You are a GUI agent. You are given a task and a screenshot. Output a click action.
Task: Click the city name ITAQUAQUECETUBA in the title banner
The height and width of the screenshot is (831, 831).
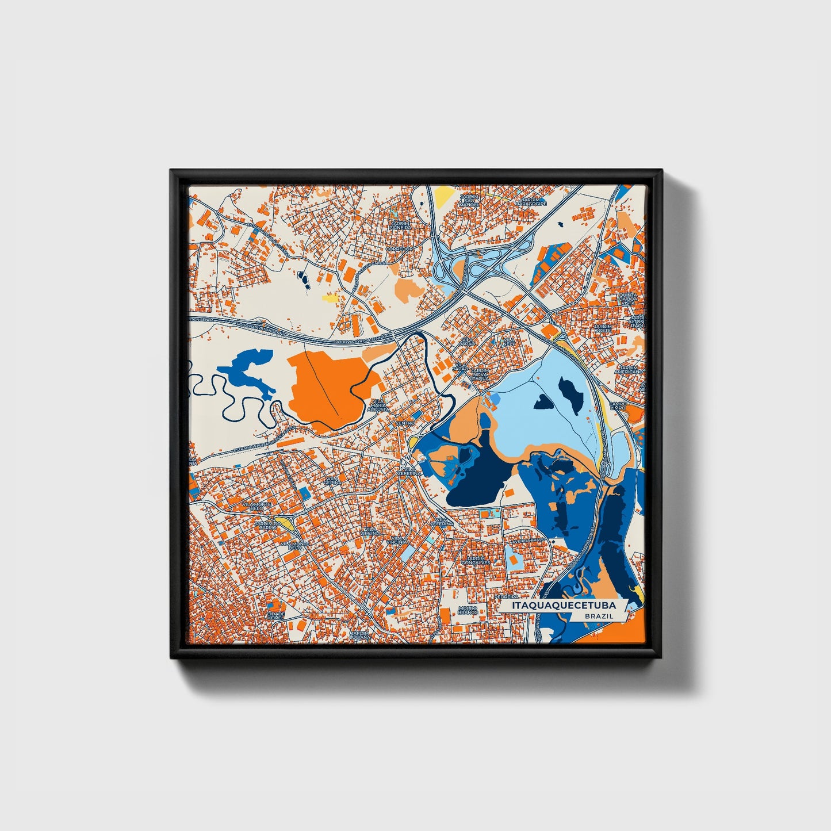tap(558, 606)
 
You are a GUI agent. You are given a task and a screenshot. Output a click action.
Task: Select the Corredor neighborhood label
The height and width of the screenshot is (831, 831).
tap(400, 249)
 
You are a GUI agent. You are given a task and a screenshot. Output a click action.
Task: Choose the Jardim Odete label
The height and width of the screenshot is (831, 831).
tap(619, 328)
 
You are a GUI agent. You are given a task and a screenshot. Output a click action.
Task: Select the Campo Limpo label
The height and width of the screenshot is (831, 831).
tap(618, 406)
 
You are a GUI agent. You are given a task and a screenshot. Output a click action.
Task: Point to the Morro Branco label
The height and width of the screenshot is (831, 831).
tap(468, 610)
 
